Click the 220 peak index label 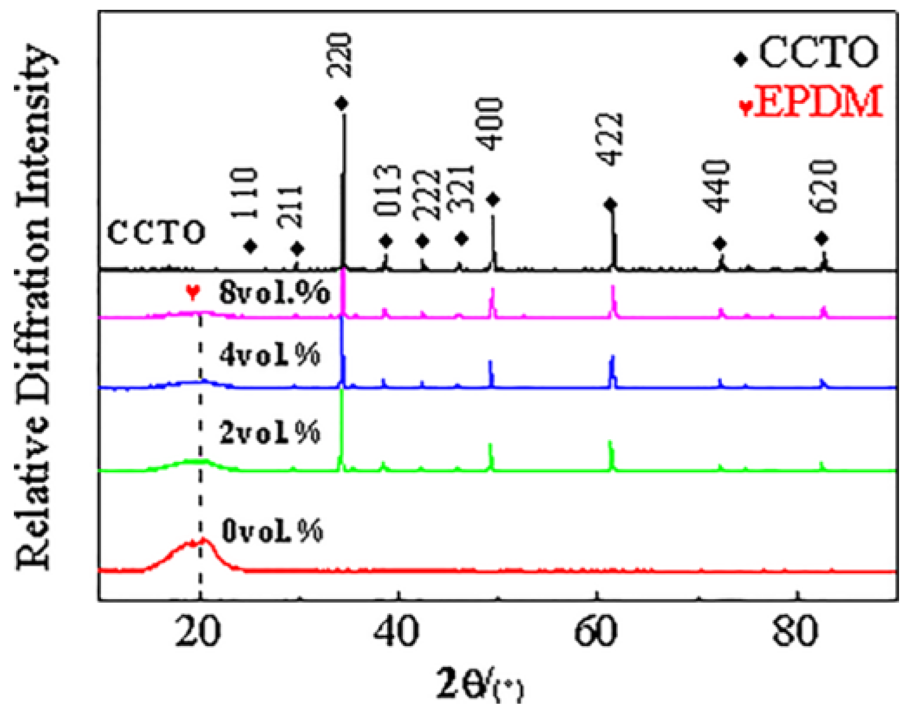[339, 55]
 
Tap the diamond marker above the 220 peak [342, 104]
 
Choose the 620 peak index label [822, 186]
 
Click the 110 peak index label [245, 193]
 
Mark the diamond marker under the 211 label [297, 249]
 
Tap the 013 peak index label [387, 190]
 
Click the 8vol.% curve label [274, 293]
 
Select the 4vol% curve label [269, 354]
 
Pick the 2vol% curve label [269, 432]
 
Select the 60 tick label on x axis [596, 632]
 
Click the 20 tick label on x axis [199, 632]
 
